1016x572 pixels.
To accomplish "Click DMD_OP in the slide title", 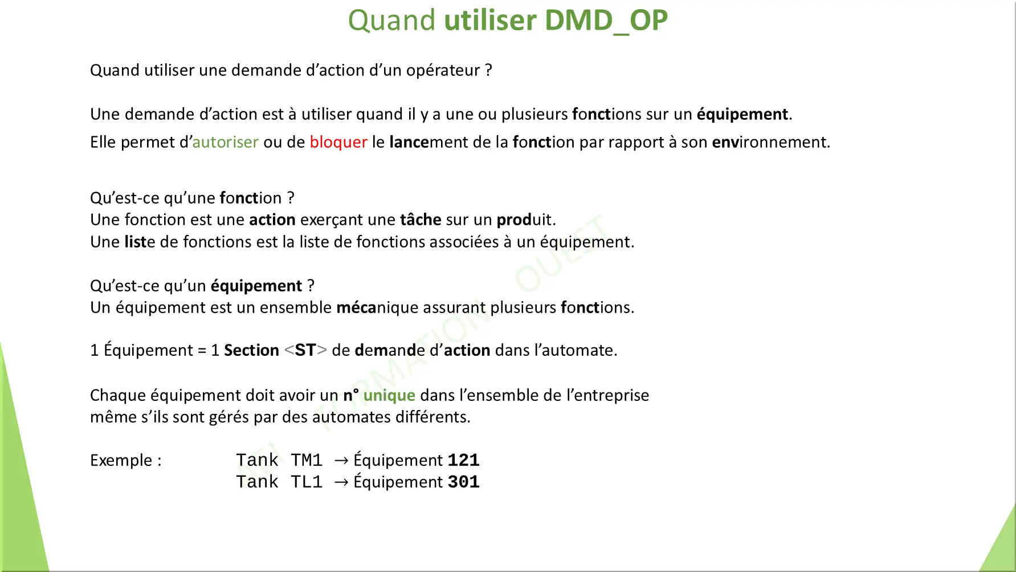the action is pyautogui.click(x=606, y=21).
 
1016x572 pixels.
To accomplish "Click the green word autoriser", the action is pyautogui.click(x=226, y=142).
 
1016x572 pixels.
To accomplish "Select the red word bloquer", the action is pyautogui.click(x=338, y=143).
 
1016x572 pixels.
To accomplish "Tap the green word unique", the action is pyautogui.click(x=389, y=396).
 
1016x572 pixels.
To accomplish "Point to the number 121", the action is pyautogui.click(x=463, y=460).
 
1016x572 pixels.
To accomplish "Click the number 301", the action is pyautogui.click(x=463, y=482).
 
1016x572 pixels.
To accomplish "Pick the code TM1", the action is pyautogui.click(x=307, y=460).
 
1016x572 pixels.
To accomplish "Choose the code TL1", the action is pyautogui.click(x=307, y=482).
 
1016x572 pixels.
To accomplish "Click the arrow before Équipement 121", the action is pyautogui.click(x=341, y=461).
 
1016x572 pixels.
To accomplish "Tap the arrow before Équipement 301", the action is pyautogui.click(x=341, y=482).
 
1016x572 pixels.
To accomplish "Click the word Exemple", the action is pyautogui.click(x=121, y=461).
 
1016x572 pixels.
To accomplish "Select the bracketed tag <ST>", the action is pyautogui.click(x=305, y=350).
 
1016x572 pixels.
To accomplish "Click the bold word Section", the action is pyautogui.click(x=251, y=350).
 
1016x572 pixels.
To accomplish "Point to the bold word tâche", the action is pyautogui.click(x=421, y=220).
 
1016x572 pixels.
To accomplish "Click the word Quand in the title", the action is pyautogui.click(x=392, y=21).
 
